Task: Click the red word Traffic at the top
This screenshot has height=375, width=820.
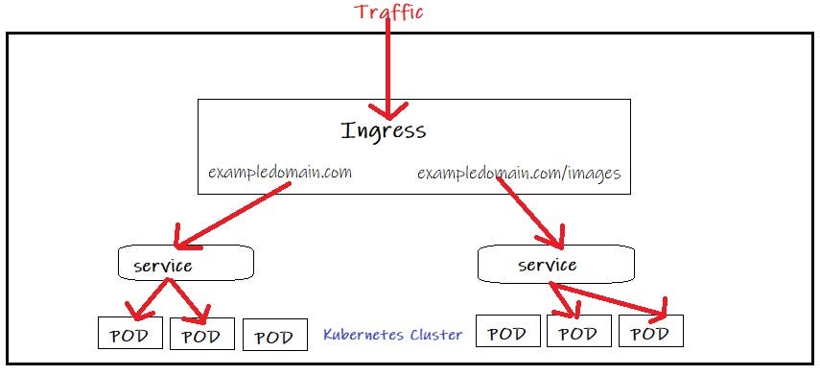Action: coord(389,12)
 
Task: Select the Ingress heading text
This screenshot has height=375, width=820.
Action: coord(383,129)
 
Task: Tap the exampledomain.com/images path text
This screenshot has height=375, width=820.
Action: coord(519,174)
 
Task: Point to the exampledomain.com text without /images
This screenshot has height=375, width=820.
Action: coord(280,173)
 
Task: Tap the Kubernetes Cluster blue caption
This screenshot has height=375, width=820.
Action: coord(392,335)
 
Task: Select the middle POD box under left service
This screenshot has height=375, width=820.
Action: coord(200,336)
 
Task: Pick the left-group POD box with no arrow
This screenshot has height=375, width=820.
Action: coord(274,337)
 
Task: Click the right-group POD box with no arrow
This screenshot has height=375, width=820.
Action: coord(506,334)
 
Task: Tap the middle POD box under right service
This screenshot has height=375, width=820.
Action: coord(577,334)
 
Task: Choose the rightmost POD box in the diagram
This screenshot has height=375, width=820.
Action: coord(650,333)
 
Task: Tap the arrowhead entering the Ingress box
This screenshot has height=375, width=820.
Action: coord(388,109)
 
